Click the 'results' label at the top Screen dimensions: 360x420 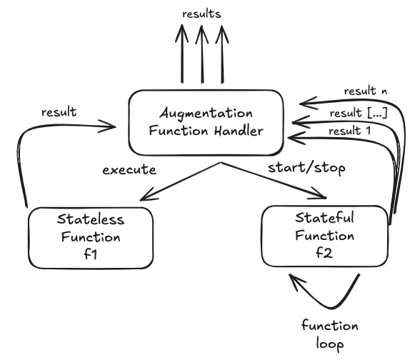(201, 14)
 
